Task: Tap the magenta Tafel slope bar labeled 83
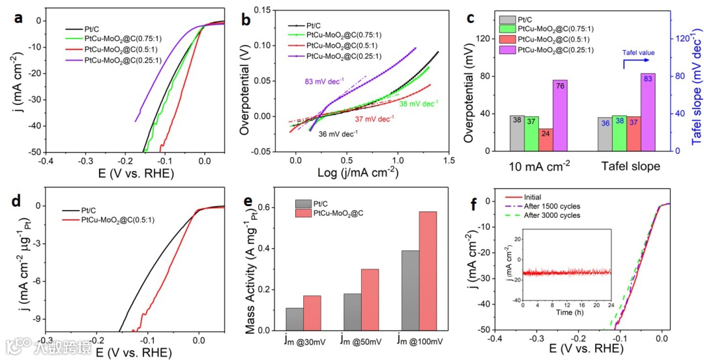pos(648,112)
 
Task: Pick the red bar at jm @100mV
pos(428,271)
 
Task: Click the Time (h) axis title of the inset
pos(566,312)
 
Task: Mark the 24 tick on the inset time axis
pos(611,305)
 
